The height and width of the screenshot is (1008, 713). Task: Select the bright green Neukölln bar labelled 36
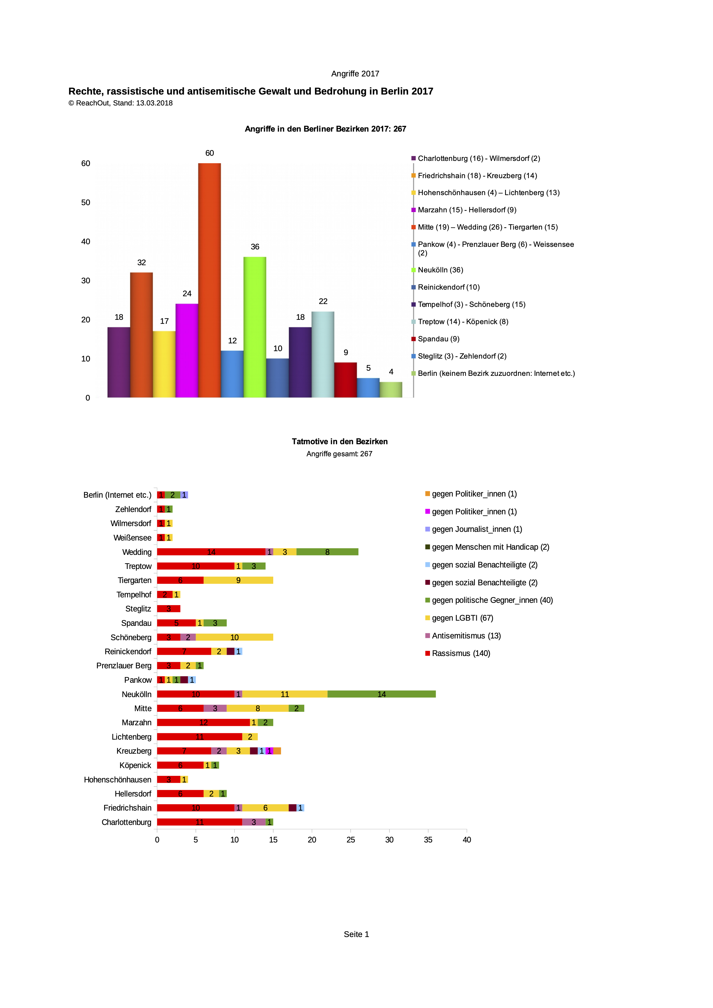coord(255,327)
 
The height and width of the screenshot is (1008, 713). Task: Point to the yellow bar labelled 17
coord(164,364)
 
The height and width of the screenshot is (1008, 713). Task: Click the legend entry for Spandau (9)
coord(438,339)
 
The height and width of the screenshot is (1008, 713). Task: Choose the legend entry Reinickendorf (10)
coord(448,287)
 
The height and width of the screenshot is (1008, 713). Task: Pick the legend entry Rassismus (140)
coord(461,653)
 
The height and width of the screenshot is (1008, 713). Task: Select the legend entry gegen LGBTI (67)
coord(462,618)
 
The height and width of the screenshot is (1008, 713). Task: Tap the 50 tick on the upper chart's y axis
coord(86,202)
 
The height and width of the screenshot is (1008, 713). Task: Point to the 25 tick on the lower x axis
coord(351,840)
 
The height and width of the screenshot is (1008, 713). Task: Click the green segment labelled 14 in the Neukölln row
coord(381,694)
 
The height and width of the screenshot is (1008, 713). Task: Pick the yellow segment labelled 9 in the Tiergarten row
coord(238,580)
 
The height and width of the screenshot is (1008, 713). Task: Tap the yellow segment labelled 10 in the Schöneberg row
coord(234,637)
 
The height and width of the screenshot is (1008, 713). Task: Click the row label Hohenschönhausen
coord(118,780)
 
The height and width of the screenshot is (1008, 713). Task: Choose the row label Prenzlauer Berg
coord(124,665)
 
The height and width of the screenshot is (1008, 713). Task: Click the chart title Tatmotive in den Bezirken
coord(340,442)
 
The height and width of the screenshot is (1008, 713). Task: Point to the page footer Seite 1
coord(356,934)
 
